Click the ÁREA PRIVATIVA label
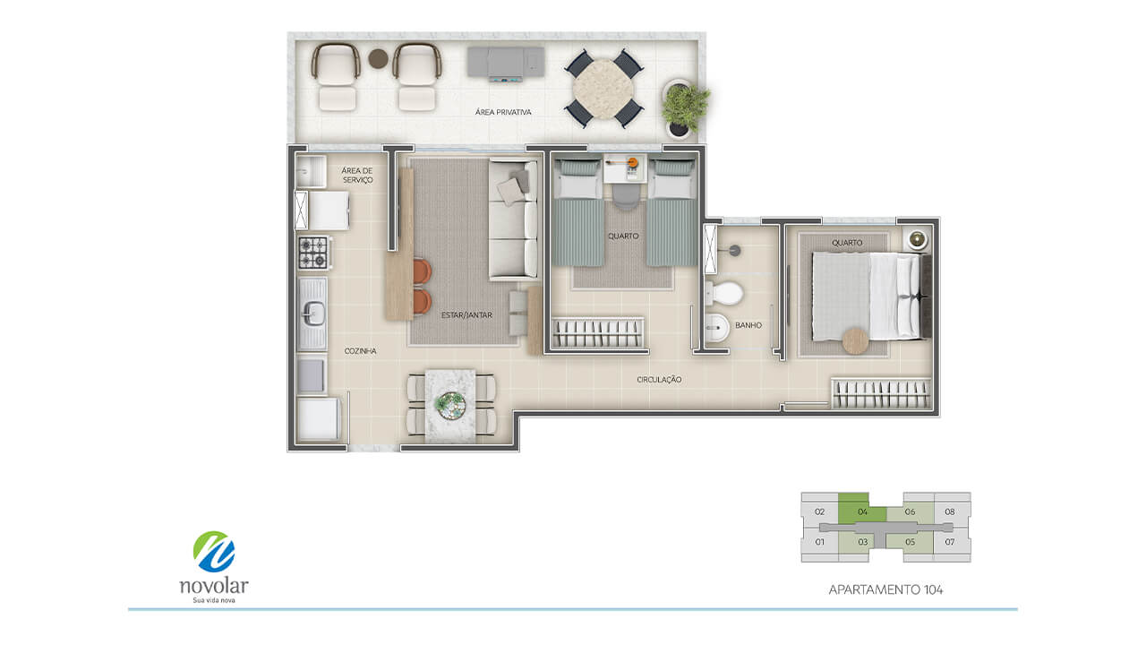pos(503,112)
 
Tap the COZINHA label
pos(360,350)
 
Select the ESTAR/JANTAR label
pos(466,314)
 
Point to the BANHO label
pos(748,325)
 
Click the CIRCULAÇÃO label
pos(659,379)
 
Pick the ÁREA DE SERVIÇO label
pos(357,175)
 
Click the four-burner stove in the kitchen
pos(313,253)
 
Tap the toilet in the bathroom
pos(724,293)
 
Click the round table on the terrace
pos(603,90)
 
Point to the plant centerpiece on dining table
pos(450,406)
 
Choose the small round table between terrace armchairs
pos(378,58)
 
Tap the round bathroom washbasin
pos(717,328)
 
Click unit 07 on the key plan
pos(950,542)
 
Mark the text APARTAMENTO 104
pos(885,589)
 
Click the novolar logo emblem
pos(214,551)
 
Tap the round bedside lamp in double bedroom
pos(918,238)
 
